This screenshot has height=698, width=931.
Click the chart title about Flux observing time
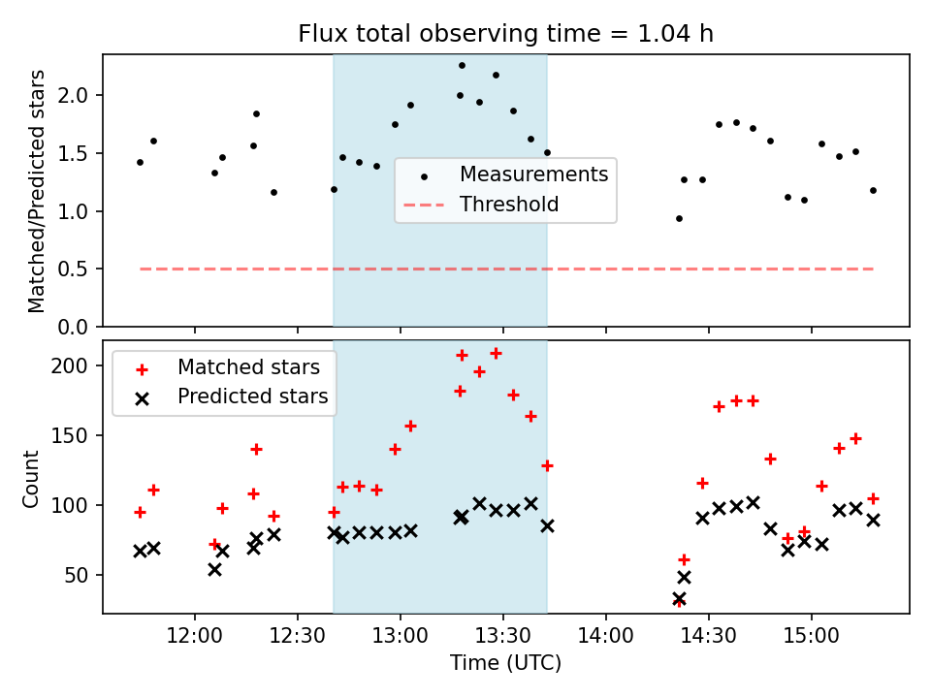(x=505, y=36)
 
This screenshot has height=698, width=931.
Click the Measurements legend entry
(x=533, y=174)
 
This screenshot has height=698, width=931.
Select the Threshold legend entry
(x=509, y=205)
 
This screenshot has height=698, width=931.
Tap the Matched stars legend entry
(x=248, y=367)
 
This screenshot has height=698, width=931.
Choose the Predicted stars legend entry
(x=252, y=397)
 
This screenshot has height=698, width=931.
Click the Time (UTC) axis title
(x=505, y=664)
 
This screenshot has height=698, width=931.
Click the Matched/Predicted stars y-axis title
(x=37, y=191)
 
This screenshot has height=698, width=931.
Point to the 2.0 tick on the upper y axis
(x=78, y=96)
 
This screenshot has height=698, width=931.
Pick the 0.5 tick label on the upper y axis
(x=78, y=270)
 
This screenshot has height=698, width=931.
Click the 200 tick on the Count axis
(x=76, y=366)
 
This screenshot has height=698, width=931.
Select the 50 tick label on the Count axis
(x=80, y=576)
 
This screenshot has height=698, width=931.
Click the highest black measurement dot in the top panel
(x=462, y=65)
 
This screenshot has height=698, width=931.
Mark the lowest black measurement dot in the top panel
(x=679, y=218)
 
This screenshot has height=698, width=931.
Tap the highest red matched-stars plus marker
(x=496, y=353)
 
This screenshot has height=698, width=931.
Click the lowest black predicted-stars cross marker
(x=679, y=599)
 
